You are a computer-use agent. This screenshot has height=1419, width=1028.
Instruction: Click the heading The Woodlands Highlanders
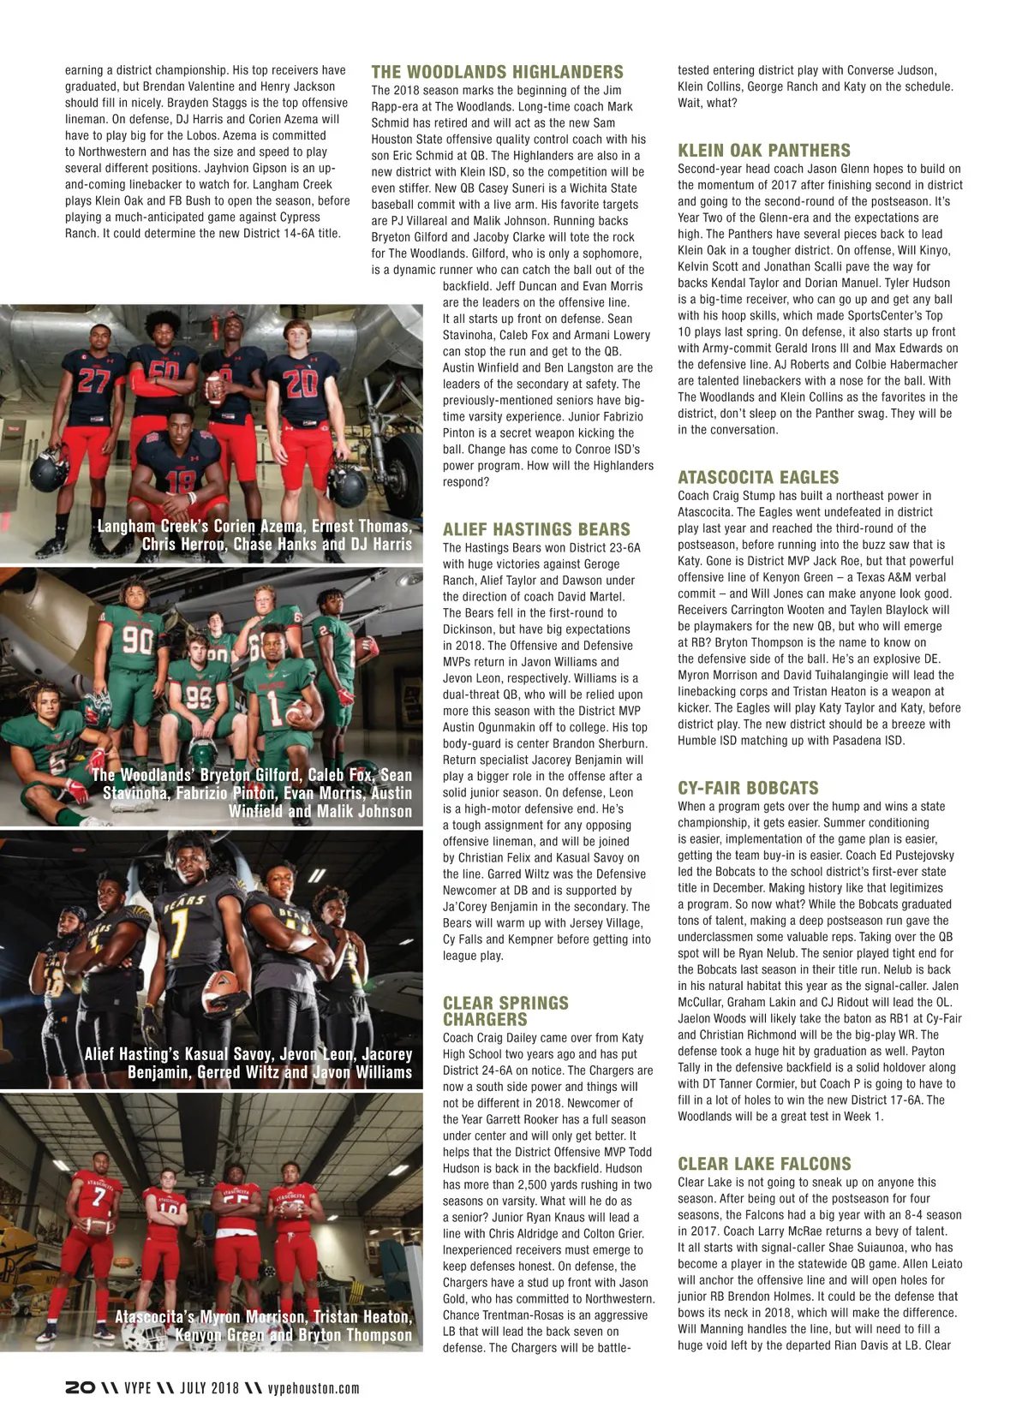pyautogui.click(x=497, y=73)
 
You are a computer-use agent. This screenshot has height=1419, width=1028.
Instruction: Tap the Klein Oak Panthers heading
pyautogui.click(x=763, y=151)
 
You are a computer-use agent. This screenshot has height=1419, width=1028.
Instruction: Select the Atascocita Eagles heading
pyautogui.click(x=758, y=478)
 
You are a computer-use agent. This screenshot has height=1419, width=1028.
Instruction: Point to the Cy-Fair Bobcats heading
pyautogui.click(x=748, y=788)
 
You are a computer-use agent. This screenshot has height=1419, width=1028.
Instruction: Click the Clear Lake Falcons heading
pyautogui.click(x=764, y=1164)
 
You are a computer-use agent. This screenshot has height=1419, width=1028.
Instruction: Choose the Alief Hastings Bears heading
pyautogui.click(x=536, y=530)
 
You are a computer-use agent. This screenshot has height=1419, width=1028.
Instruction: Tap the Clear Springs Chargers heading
pyautogui.click(x=505, y=1011)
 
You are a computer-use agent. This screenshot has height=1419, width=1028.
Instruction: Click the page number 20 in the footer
pyautogui.click(x=80, y=1388)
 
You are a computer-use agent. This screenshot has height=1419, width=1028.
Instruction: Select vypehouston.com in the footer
pyautogui.click(x=314, y=1388)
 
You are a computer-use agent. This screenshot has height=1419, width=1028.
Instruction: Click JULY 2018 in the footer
pyautogui.click(x=209, y=1388)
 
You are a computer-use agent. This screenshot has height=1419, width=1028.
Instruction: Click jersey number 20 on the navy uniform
pyautogui.click(x=301, y=383)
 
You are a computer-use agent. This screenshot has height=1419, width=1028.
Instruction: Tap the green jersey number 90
pyautogui.click(x=138, y=640)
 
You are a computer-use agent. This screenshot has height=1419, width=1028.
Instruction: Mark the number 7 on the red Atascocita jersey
pyautogui.click(x=99, y=1195)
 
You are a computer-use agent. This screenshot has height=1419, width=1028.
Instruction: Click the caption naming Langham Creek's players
pyautogui.click(x=254, y=535)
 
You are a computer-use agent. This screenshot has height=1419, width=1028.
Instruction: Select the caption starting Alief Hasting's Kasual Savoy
pyautogui.click(x=248, y=1063)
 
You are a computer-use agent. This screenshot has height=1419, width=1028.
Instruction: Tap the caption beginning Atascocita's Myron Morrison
pyautogui.click(x=264, y=1326)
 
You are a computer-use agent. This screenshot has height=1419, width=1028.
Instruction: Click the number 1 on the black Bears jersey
pyautogui.click(x=179, y=924)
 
